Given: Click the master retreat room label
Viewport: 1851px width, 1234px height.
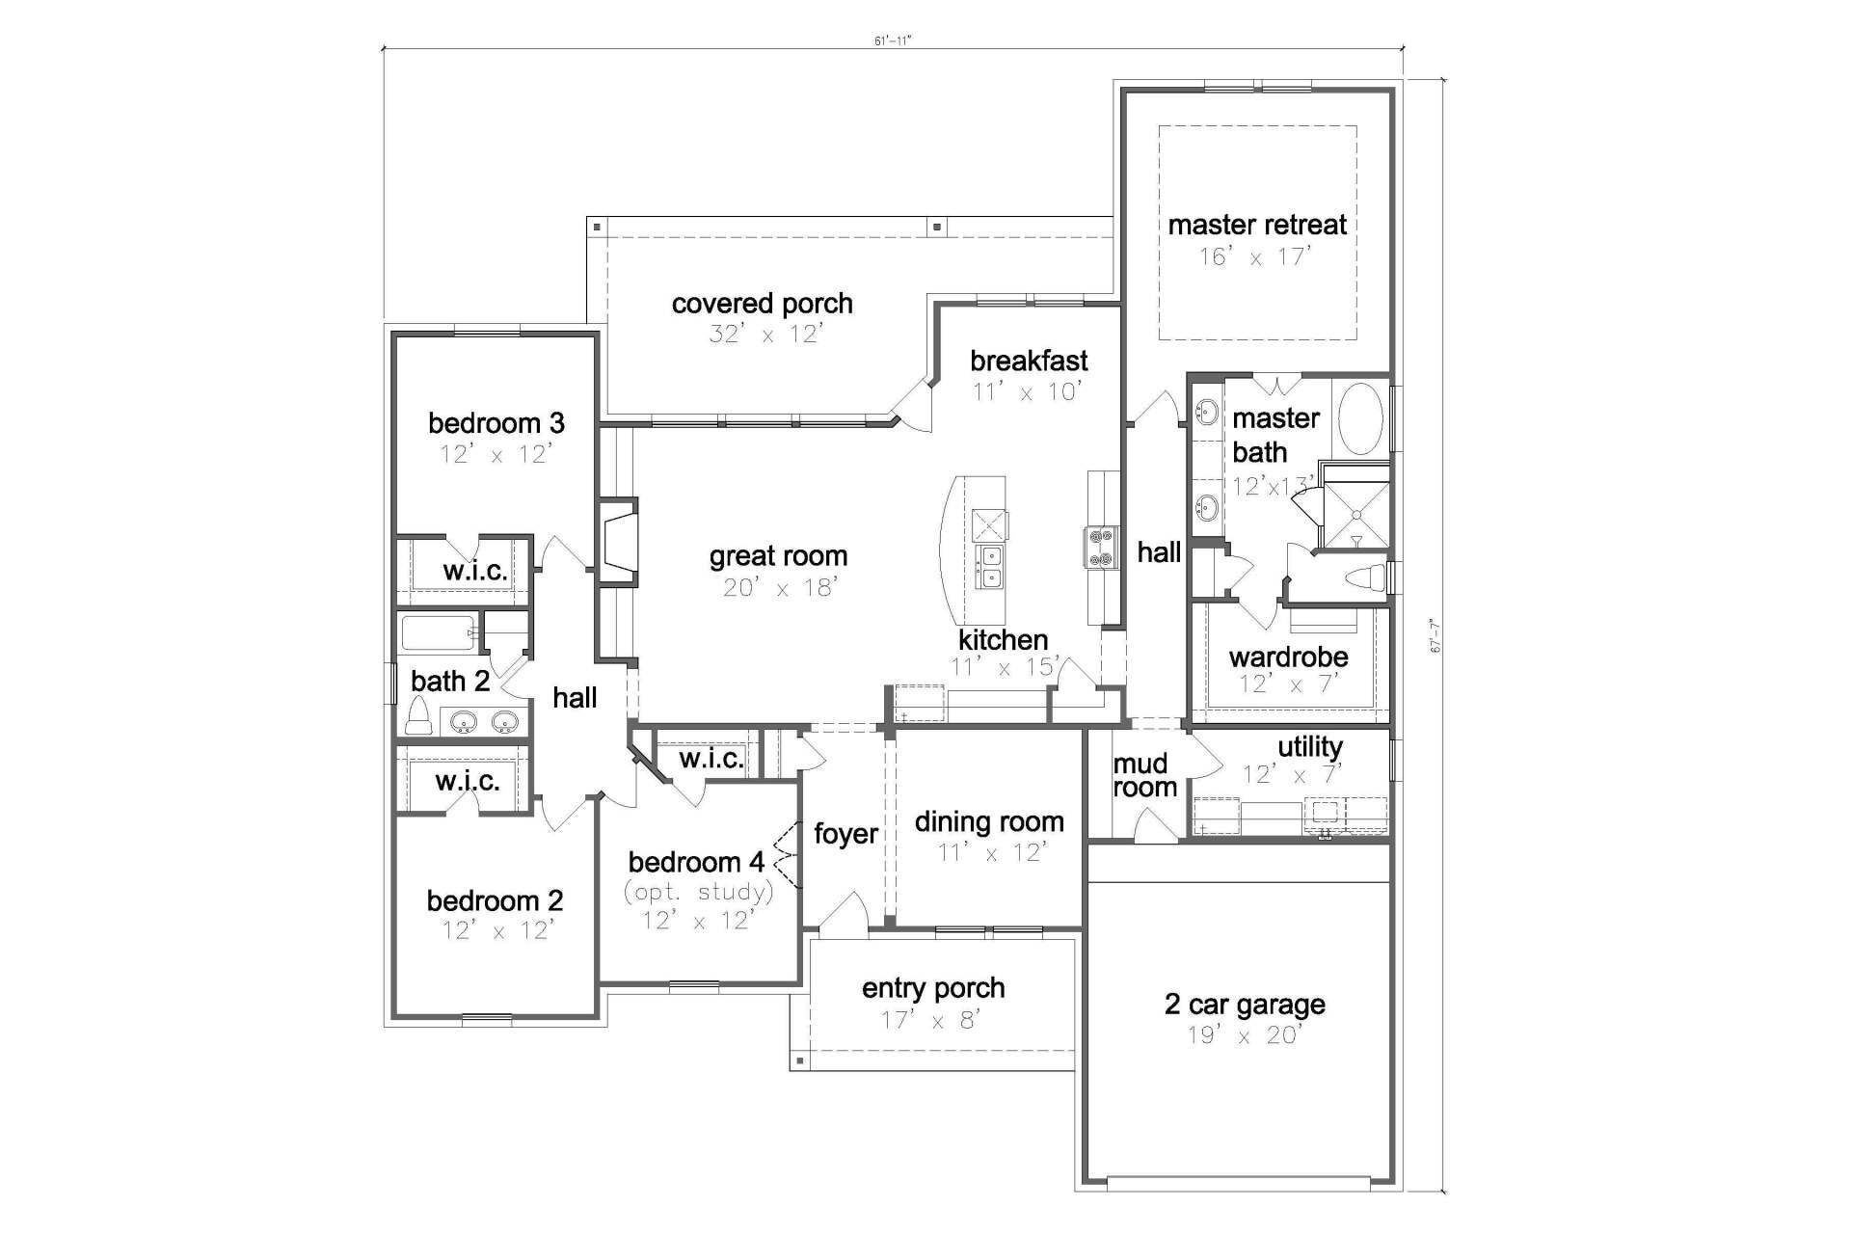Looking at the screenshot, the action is pyautogui.click(x=1257, y=225).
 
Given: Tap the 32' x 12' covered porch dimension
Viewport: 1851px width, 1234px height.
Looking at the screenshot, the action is pyautogui.click(x=765, y=335).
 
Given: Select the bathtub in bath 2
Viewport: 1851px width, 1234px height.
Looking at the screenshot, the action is pyautogui.click(x=438, y=633).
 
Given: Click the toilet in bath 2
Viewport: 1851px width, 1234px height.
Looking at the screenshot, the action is pyautogui.click(x=417, y=715).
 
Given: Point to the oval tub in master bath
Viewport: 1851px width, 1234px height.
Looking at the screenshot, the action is pyautogui.click(x=1360, y=418).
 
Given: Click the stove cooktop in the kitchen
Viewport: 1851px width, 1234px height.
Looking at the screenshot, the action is pyautogui.click(x=1101, y=548).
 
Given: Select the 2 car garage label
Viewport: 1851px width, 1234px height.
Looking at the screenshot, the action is pyautogui.click(x=1245, y=1005).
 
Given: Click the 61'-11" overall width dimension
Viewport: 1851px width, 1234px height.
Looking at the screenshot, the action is pyautogui.click(x=892, y=41).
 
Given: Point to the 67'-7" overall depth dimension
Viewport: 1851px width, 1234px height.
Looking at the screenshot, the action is pyautogui.click(x=1435, y=636).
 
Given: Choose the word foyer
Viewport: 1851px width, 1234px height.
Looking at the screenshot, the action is pyautogui.click(x=845, y=834).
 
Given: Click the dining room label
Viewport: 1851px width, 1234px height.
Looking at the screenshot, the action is pyautogui.click(x=989, y=822).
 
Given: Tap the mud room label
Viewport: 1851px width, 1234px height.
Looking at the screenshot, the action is pyautogui.click(x=1145, y=776).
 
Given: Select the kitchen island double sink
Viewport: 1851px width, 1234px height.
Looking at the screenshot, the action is pyautogui.click(x=990, y=567).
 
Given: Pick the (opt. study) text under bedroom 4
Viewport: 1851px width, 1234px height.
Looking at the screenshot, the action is pyautogui.click(x=699, y=892).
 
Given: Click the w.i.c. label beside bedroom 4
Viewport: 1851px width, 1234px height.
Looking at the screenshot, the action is pyautogui.click(x=711, y=759).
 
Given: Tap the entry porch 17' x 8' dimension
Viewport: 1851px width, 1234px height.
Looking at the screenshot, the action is pyautogui.click(x=932, y=1020).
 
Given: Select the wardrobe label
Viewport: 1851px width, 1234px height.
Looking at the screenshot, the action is pyautogui.click(x=1288, y=657).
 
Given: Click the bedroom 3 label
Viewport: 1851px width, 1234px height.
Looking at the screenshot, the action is pyautogui.click(x=496, y=423).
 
